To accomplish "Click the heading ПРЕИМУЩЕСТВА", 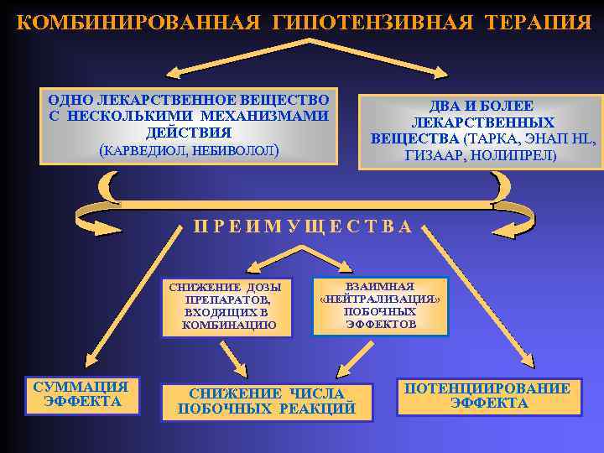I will pos(303,226).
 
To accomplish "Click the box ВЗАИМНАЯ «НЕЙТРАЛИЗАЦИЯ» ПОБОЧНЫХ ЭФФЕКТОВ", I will pos(380,305).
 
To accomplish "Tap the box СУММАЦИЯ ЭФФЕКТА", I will pos(80,394).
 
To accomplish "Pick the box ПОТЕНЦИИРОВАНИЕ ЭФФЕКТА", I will pos(488,396).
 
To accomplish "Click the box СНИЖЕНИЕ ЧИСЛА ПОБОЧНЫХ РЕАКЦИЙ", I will pos(266,402).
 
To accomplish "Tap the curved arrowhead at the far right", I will pos(521,221).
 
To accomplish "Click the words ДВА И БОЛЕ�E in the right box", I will pos(482,107).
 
